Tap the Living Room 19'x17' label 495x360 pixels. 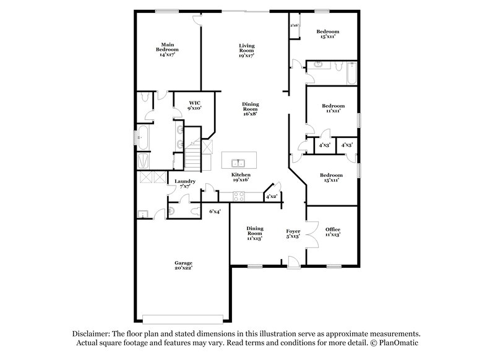click(x=247, y=50)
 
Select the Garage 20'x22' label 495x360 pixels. click(x=183, y=265)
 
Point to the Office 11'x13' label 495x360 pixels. click(x=333, y=232)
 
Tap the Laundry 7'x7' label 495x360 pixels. click(x=185, y=184)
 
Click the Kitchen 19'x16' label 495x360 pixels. click(x=241, y=178)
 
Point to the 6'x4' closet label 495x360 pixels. click(x=215, y=212)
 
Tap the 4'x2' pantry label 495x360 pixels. click(x=271, y=196)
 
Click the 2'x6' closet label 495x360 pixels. click(x=295, y=25)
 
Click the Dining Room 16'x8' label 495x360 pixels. click(x=250, y=109)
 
